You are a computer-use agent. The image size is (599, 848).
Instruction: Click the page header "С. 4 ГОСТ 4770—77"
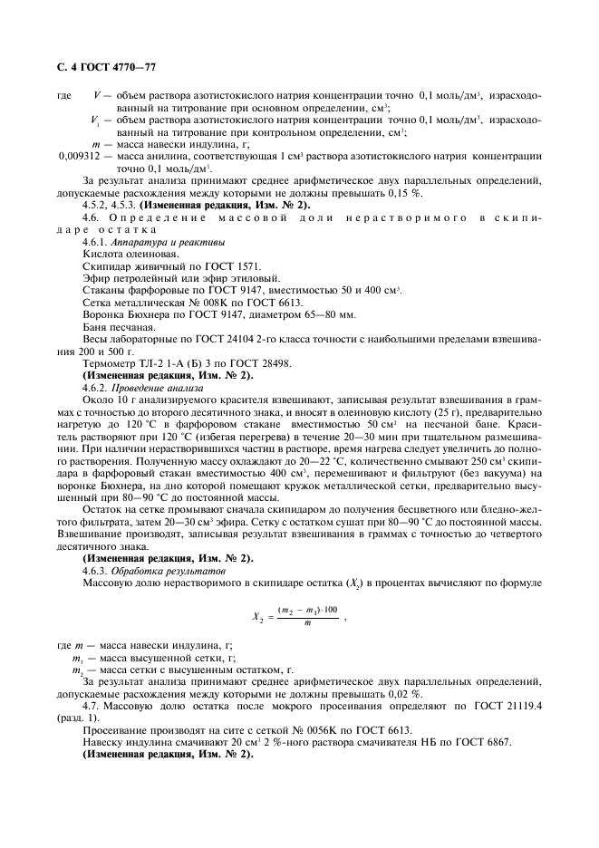point(102,67)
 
